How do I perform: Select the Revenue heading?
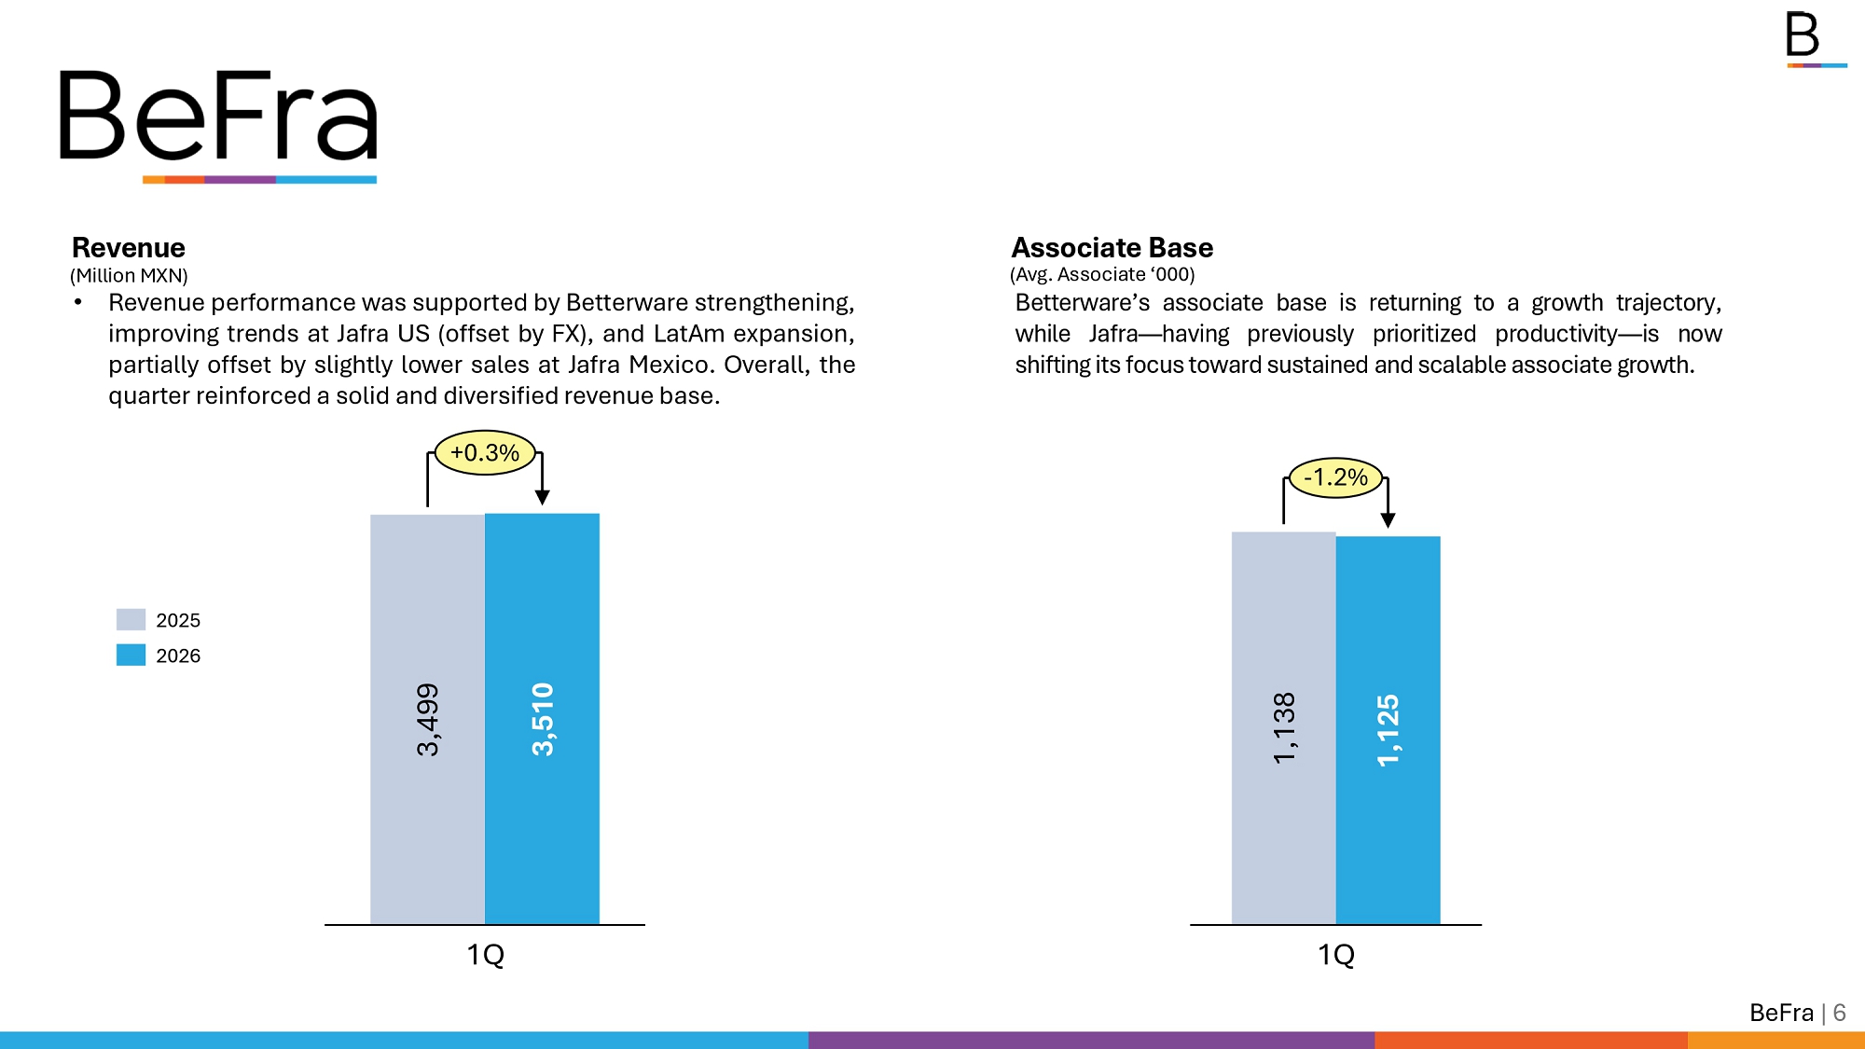coord(129,248)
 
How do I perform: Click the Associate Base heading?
coord(1112,248)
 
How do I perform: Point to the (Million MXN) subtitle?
coord(129,276)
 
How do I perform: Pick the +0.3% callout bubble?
coord(485,453)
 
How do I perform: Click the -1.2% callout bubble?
coord(1335,477)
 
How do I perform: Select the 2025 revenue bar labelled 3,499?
coord(427,718)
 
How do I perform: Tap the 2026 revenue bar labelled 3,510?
coord(543,718)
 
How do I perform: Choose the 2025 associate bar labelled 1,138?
coord(1284,727)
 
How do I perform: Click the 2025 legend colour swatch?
coord(131,619)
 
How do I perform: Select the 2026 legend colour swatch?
coord(131,655)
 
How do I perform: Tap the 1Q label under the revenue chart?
coord(485,955)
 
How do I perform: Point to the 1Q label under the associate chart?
coord(1335,955)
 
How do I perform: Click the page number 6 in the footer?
coord(1839,1013)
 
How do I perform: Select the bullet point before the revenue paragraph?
coord(78,302)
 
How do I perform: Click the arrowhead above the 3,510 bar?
coord(543,498)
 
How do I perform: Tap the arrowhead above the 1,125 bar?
coord(1388,520)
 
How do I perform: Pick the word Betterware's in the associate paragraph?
coord(1082,303)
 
